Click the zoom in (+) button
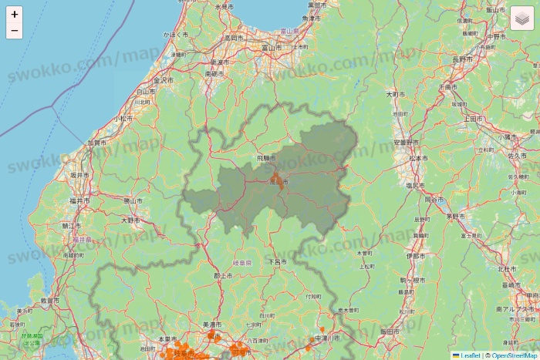click(15, 14)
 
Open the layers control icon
click(522, 18)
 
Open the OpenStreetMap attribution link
click(515, 355)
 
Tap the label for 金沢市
click(164, 79)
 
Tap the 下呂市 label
click(277, 262)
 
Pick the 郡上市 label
click(223, 275)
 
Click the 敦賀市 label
click(50, 300)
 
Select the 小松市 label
click(123, 119)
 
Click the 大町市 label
click(395, 94)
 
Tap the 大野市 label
click(130, 220)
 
